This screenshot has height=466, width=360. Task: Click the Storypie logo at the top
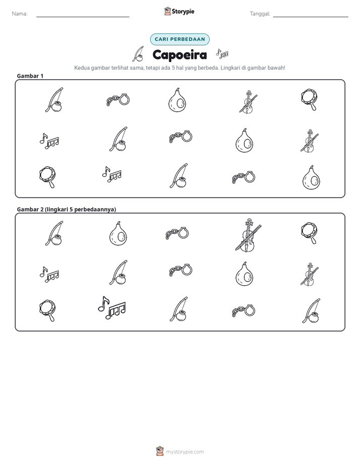pyautogui.click(x=179, y=11)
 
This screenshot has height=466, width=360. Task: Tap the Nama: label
pyautogui.click(x=20, y=14)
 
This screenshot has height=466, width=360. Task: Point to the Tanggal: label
pyautogui.click(x=260, y=14)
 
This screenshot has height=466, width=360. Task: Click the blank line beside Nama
pyautogui.click(x=83, y=17)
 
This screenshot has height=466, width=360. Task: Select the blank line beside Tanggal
pyautogui.click(x=311, y=17)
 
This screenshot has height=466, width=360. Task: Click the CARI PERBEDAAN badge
pyautogui.click(x=179, y=39)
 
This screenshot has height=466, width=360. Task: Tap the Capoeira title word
pyautogui.click(x=179, y=54)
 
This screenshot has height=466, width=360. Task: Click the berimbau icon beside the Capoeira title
pyautogui.click(x=138, y=54)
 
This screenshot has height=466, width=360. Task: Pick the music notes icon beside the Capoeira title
pyautogui.click(x=222, y=53)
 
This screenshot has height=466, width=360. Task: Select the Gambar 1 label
pyautogui.click(x=30, y=76)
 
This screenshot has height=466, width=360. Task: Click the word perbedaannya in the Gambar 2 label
pyautogui.click(x=95, y=209)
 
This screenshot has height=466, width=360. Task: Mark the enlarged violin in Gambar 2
pyautogui.click(x=248, y=235)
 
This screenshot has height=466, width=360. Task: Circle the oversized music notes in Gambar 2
pyautogui.click(x=112, y=308)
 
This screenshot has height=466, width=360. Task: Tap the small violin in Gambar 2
pyautogui.click(x=310, y=274)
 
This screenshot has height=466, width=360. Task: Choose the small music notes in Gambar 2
pyautogui.click(x=49, y=274)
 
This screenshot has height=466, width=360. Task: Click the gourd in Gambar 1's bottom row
pyautogui.click(x=311, y=178)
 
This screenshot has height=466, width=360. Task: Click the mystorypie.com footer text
pyautogui.click(x=185, y=452)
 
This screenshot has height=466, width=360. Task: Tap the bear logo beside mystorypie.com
pyautogui.click(x=160, y=451)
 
